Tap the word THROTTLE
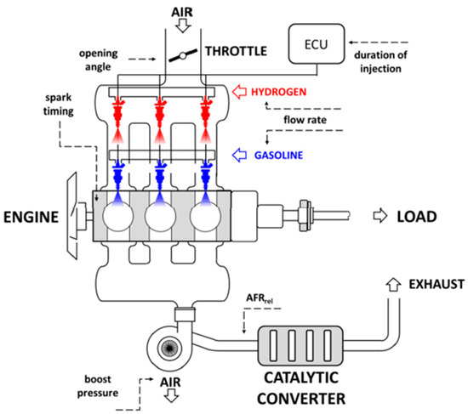coord(236,50)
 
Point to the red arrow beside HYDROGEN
coord(242,89)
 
